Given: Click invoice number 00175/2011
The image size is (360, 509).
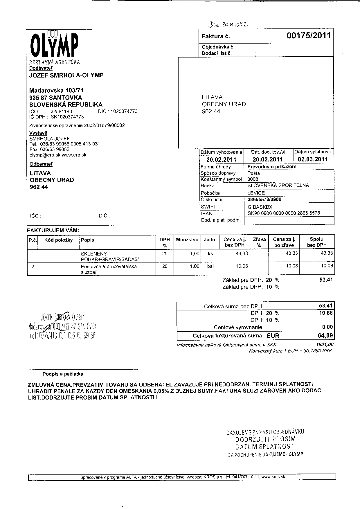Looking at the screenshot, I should pos(309,36).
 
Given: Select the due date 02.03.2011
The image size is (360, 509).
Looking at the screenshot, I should pos(312,159).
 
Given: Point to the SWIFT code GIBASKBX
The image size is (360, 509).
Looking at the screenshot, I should pos(260,207).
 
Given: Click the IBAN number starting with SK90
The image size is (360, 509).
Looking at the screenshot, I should pos(284,213).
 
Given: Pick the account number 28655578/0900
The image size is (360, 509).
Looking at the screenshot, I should pos(264,199).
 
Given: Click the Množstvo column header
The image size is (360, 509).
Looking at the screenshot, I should pos(187,240).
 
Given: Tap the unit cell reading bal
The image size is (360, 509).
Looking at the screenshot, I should pos(210,266).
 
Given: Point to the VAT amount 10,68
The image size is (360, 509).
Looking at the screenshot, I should pos(326,313).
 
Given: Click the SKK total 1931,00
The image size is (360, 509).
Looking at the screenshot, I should pos(325,345).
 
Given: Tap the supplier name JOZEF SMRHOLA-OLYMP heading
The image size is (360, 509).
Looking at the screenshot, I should pos(66,75).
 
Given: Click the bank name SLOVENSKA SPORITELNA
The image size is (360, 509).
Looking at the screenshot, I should pos(278,186).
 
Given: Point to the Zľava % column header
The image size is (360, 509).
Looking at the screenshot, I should pos(259,242).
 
